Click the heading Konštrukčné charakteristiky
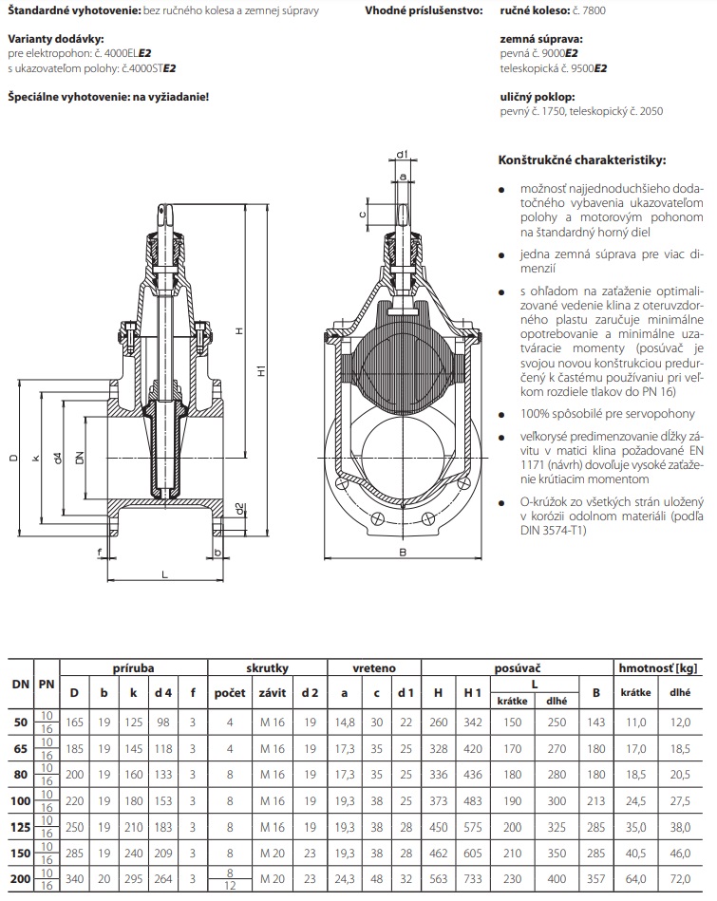coord(582,160)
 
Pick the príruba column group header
coord(133,668)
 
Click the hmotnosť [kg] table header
coord(659,668)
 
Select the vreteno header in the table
coord(374,668)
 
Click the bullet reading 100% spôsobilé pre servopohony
coord(607,414)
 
